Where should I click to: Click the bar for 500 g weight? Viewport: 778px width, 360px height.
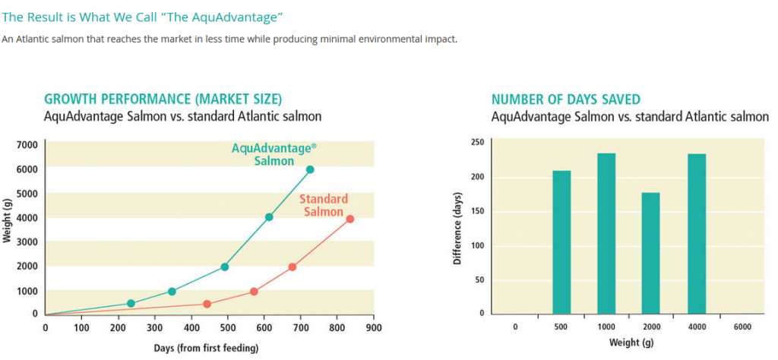click(x=561, y=242)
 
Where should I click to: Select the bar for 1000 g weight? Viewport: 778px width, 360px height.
click(x=606, y=234)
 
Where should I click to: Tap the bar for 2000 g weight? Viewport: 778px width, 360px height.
click(x=651, y=254)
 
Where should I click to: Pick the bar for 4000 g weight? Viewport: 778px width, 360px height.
click(x=697, y=234)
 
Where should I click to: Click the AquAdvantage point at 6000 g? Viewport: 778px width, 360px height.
click(x=310, y=169)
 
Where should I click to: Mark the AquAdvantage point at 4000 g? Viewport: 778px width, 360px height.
click(x=269, y=217)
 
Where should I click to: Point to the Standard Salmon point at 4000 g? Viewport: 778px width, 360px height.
click(x=350, y=219)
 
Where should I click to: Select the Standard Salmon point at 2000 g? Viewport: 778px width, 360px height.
click(x=293, y=267)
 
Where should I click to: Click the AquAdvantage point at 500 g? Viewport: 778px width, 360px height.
click(x=131, y=304)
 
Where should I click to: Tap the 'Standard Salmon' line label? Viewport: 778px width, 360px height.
click(x=324, y=205)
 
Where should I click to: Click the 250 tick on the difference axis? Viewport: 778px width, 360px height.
click(x=477, y=142)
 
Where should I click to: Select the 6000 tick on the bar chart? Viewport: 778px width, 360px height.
click(x=742, y=327)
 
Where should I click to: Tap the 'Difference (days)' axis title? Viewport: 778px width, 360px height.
click(x=457, y=227)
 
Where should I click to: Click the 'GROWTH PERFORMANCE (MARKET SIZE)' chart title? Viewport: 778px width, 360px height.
click(x=163, y=99)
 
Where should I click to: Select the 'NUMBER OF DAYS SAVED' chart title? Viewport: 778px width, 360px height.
click(x=566, y=99)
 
